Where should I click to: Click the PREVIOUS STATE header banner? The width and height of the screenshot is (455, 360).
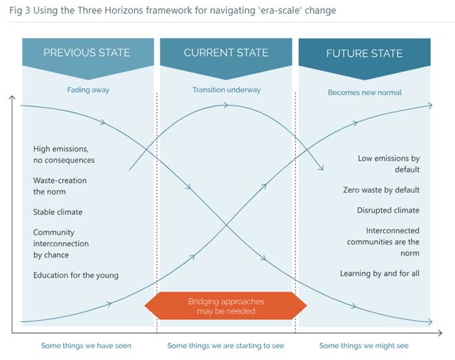[x=86, y=53]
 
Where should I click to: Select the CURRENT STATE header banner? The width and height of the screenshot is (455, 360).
[x=225, y=53]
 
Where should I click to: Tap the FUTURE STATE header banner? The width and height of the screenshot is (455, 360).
[x=364, y=53]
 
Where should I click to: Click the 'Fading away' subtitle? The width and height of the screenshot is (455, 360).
[x=88, y=90]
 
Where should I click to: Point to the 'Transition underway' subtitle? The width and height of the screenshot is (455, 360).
[x=225, y=90]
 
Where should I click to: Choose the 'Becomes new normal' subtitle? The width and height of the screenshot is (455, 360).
[x=365, y=92]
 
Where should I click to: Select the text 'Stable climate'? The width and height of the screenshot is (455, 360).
[x=57, y=212]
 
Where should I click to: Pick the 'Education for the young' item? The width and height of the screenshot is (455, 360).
[x=76, y=275]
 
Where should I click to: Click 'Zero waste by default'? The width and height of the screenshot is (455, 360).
[x=381, y=190]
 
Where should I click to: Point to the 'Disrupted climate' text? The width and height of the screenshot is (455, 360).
[x=388, y=210]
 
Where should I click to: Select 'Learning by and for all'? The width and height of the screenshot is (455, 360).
[x=380, y=274]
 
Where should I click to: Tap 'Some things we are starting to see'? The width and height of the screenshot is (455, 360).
[x=225, y=346]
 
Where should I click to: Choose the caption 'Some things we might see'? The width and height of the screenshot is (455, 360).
[x=364, y=346]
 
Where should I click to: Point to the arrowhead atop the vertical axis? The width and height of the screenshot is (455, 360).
[x=12, y=98]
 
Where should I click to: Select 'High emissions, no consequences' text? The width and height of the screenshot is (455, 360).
[x=63, y=154]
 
